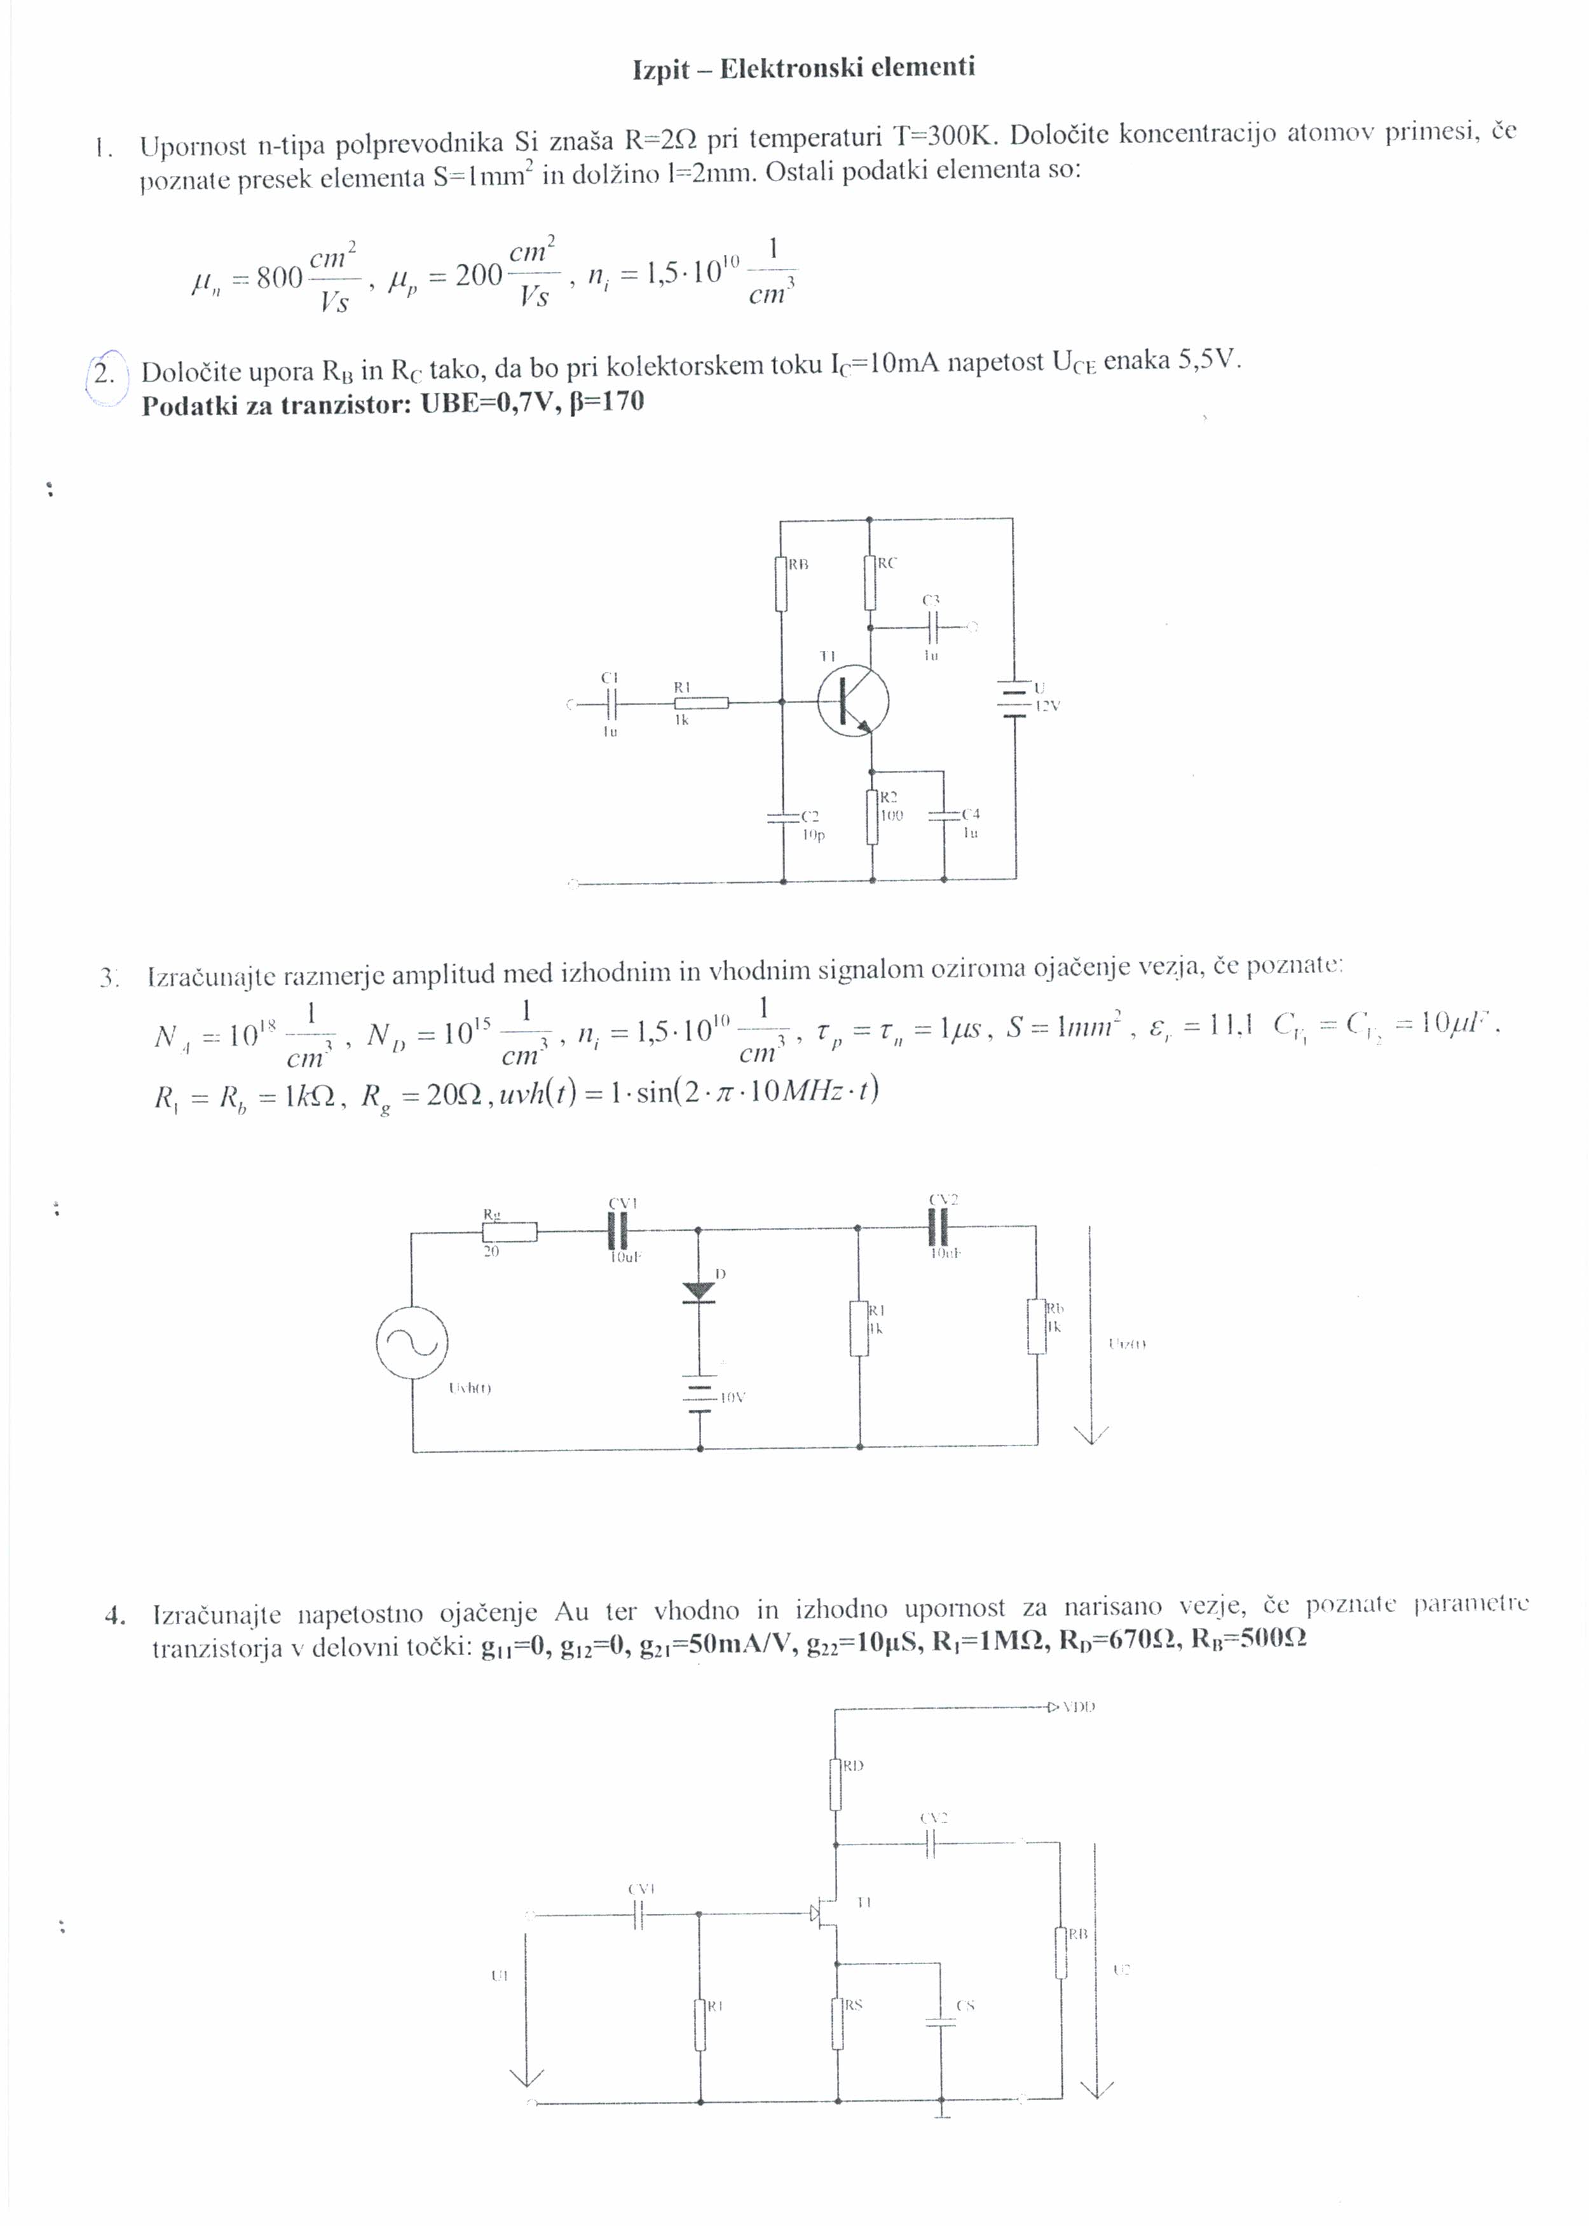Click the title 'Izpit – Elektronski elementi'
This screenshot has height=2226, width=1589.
click(803, 69)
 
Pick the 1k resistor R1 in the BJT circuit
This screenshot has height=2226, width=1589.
click(702, 702)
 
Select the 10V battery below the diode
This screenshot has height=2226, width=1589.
click(700, 1397)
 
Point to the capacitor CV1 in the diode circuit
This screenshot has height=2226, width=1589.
click(619, 1228)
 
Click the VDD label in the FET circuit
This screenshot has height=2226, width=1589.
click(1079, 1707)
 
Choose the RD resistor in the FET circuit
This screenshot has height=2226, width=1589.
click(836, 1784)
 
